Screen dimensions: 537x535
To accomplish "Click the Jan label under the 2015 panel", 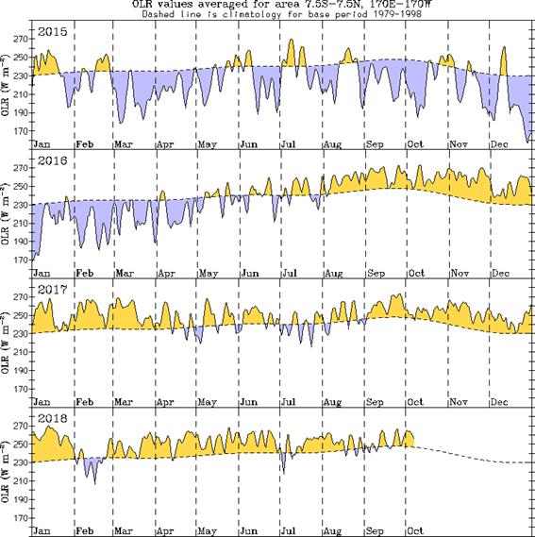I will [x=41, y=143].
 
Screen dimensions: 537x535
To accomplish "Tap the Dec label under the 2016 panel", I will [x=500, y=272].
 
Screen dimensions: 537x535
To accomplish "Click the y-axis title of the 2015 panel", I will [x=7, y=90].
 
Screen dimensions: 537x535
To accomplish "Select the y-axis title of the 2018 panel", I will [x=7, y=472].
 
